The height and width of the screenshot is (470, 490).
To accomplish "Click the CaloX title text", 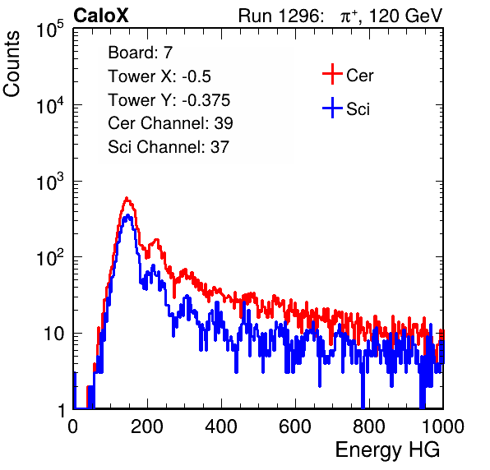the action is coord(100,15).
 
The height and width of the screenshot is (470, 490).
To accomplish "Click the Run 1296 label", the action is coord(280,16).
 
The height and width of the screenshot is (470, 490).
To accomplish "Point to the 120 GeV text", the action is coord(405,16).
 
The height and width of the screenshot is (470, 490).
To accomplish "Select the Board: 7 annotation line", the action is coord(140,52).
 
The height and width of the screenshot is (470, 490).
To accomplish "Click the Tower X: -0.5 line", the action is coord(159,76).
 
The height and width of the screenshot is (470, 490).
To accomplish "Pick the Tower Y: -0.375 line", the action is coord(169,99).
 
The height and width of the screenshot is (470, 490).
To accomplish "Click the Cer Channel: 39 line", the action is coord(170,123).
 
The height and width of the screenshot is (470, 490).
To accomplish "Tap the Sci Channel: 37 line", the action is coord(169,146).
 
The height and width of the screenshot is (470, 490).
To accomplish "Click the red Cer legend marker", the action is coord(332,74).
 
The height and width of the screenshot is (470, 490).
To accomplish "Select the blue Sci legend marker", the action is coord(332,108).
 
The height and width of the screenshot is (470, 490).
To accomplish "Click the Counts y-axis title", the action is coord(12,64).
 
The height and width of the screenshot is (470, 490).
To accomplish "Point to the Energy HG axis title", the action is coord(387,450).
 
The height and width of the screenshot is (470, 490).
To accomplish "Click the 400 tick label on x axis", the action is coord(221,426).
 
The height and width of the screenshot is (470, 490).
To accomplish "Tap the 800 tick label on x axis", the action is coord(369,426).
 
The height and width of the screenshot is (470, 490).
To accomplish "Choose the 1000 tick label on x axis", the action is coord(443,426).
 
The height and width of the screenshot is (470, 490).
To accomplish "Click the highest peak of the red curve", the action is coord(127,198).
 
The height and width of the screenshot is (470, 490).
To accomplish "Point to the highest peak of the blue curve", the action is coord(127,215).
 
